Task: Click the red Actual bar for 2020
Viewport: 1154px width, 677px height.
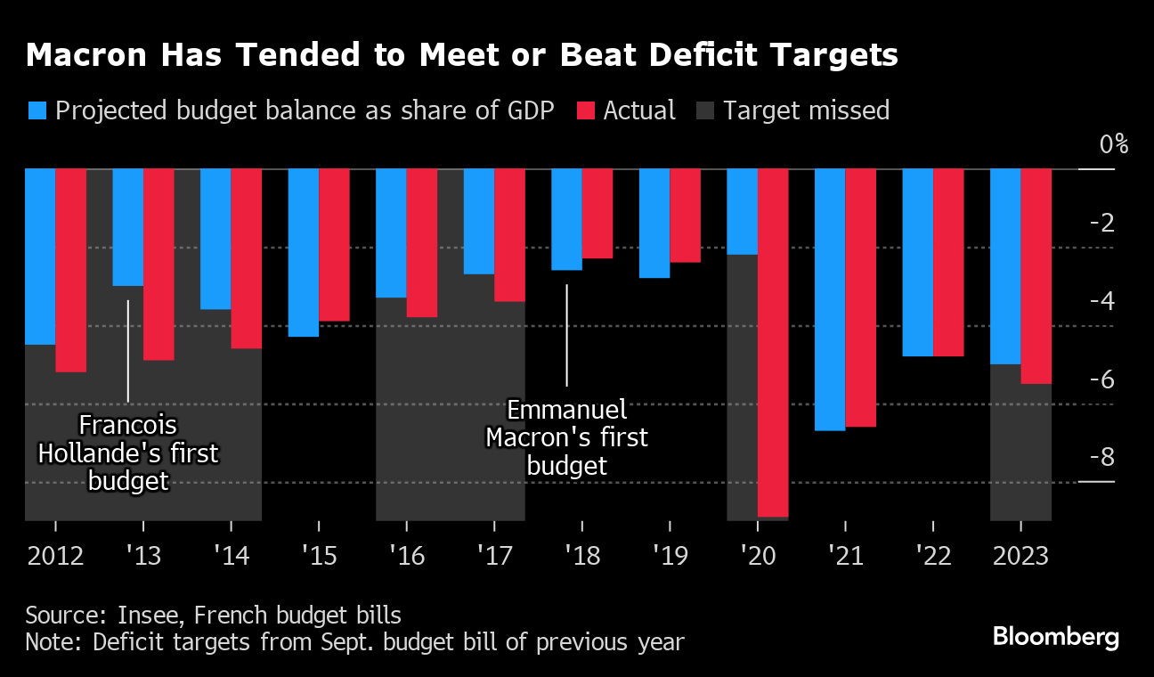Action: pos(772,342)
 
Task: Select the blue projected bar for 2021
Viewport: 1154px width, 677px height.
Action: pos(830,299)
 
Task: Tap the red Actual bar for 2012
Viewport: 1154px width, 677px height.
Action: pos(71,270)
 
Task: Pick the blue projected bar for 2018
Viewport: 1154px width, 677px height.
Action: pos(566,219)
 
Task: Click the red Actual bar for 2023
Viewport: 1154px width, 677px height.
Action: pos(1036,276)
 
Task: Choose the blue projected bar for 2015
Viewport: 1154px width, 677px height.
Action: pos(303,252)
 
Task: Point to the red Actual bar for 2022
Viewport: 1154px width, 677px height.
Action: pos(948,262)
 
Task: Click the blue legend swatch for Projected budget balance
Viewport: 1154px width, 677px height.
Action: pos(37,110)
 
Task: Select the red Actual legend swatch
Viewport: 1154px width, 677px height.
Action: pos(586,110)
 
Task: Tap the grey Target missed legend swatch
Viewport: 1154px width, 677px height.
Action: pos(705,110)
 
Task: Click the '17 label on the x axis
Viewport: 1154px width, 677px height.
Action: pos(494,557)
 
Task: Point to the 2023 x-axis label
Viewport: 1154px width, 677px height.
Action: pos(1020,557)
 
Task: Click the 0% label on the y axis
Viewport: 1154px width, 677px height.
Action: pos(1113,143)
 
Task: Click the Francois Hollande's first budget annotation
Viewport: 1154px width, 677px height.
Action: pos(127,453)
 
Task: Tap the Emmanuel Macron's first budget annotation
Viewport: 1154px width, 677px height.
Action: pos(566,437)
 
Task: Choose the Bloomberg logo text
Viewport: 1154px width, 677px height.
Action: pos(1055,637)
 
